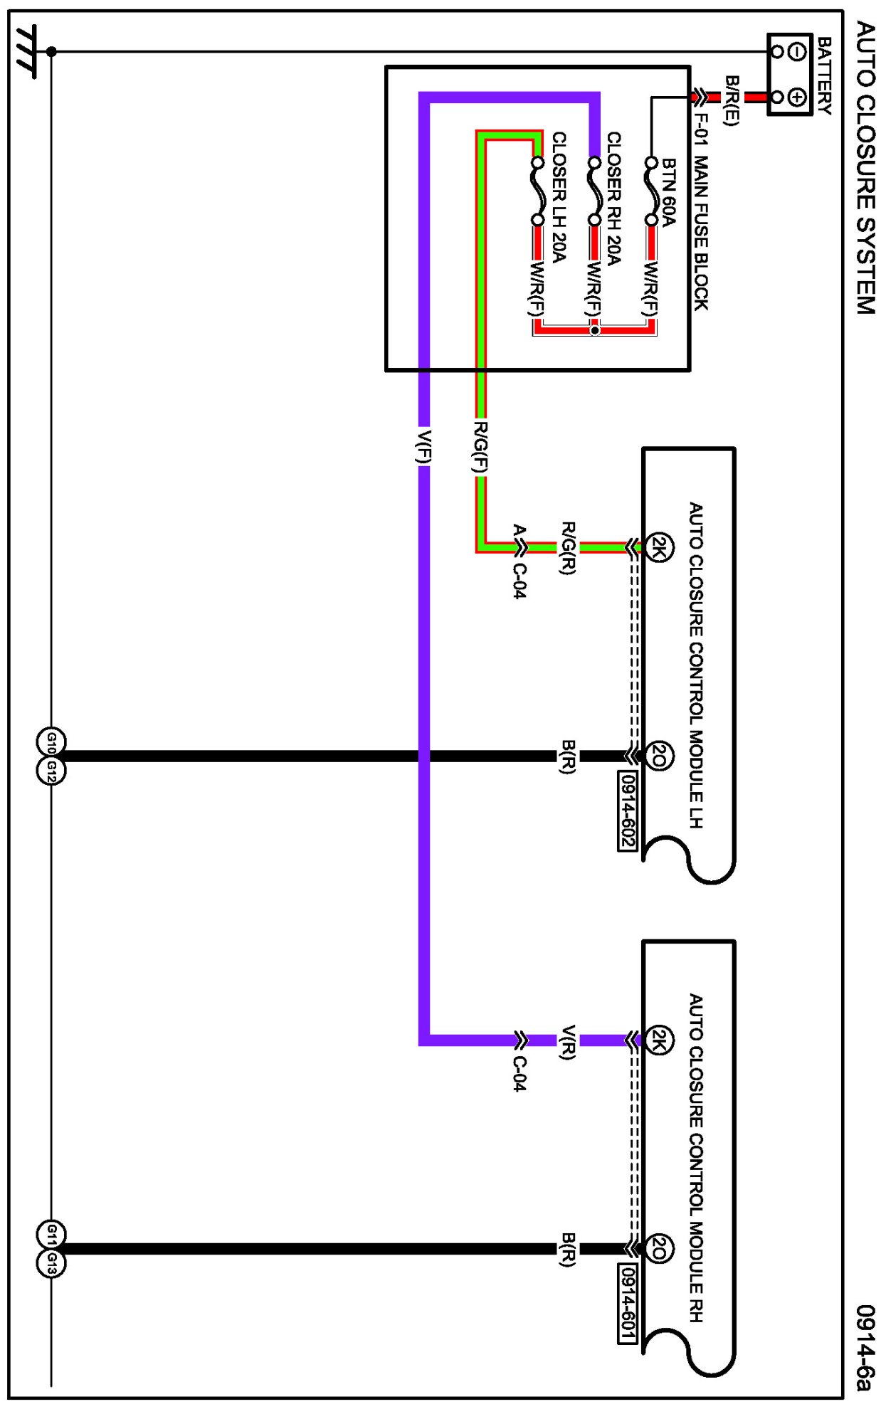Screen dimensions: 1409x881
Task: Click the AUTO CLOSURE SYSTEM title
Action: (x=865, y=167)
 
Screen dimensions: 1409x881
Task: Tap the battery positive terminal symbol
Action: (x=798, y=97)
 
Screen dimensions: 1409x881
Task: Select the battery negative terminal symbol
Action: (x=798, y=51)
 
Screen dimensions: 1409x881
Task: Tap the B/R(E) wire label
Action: (x=732, y=100)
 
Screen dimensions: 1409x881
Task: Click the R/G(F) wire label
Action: (x=481, y=447)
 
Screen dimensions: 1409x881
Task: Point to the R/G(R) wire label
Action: (x=568, y=547)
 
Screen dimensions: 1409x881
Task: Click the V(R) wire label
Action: (x=568, y=1042)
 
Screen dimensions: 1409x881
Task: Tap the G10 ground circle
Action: (x=51, y=742)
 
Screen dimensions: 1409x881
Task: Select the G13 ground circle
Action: (x=51, y=1263)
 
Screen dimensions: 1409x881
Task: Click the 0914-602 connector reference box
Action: (x=627, y=810)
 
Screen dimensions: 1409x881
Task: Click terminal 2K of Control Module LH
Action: (x=660, y=547)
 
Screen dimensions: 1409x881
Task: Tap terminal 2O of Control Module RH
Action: (x=660, y=1248)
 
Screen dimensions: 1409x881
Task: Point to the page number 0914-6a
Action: (x=864, y=1347)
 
